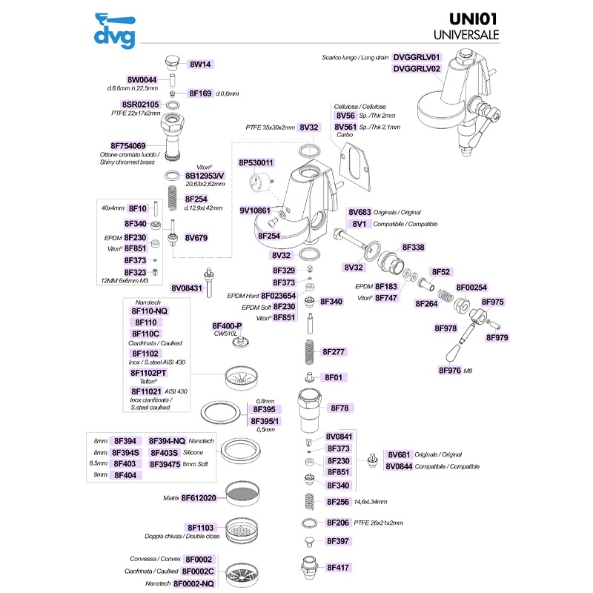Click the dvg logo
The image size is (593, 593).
pyautogui.click(x=115, y=31)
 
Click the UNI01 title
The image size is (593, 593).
pyautogui.click(x=473, y=19)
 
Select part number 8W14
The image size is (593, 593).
pyautogui.click(x=200, y=64)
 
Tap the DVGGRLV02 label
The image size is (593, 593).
pyautogui.click(x=417, y=69)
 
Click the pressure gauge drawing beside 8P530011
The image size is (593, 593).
pyautogui.click(x=260, y=181)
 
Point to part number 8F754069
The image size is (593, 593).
pyautogui.click(x=127, y=146)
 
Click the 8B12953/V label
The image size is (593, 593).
pyautogui.click(x=205, y=176)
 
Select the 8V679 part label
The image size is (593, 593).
pyautogui.click(x=196, y=238)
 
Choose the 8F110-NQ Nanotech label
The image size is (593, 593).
pyautogui.click(x=150, y=311)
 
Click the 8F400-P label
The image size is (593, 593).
pyautogui.click(x=227, y=326)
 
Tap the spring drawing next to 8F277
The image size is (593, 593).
pyautogui.click(x=309, y=352)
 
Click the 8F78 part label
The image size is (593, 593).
pyautogui.click(x=339, y=408)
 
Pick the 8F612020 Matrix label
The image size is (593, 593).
pyautogui.click(x=199, y=498)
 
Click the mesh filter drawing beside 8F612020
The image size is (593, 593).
pyautogui.click(x=243, y=494)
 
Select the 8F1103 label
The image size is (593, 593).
pyautogui.click(x=200, y=528)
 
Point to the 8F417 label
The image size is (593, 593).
pyautogui.click(x=338, y=568)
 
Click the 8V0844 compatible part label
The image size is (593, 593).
pyautogui.click(x=399, y=467)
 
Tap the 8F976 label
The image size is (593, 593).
pyautogui.click(x=450, y=371)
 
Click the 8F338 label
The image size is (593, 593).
pyautogui.click(x=413, y=248)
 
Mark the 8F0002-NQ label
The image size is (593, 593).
pyautogui.click(x=193, y=584)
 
